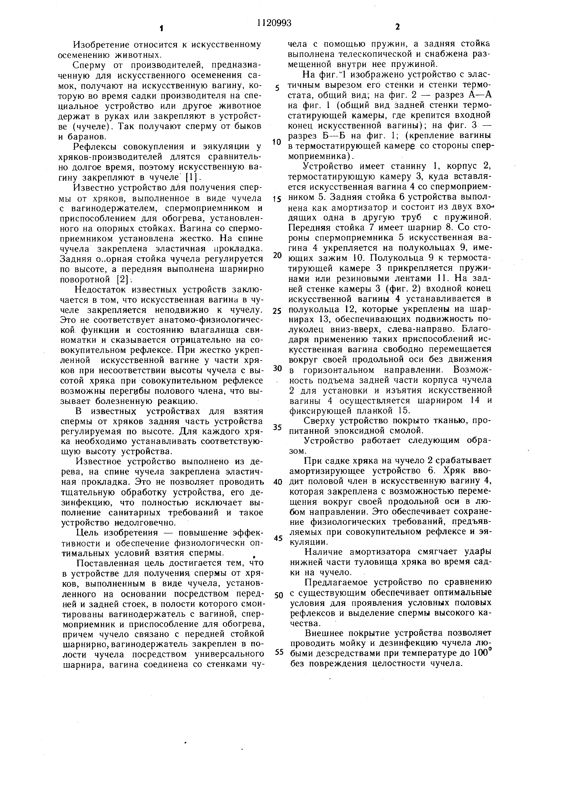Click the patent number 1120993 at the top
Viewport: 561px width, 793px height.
[x=274, y=23]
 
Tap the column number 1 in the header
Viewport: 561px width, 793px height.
[x=161, y=28]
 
